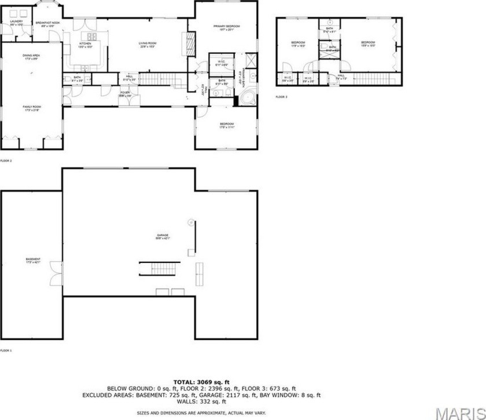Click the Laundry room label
[16, 23]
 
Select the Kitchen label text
[85, 44]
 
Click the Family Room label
[32, 108]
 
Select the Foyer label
[125, 93]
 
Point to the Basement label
[33, 260]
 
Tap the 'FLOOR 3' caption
[281, 97]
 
